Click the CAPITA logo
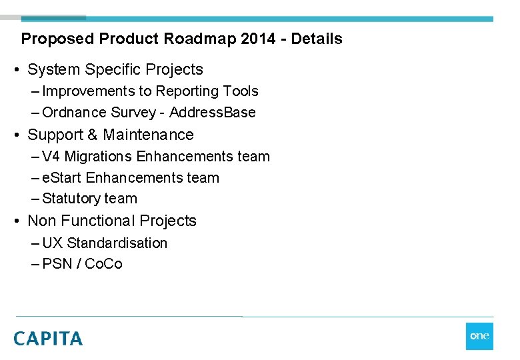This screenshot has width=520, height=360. click(x=48, y=338)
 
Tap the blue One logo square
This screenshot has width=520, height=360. click(x=479, y=336)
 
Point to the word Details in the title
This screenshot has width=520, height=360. click(x=317, y=39)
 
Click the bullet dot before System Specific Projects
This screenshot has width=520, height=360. click(x=18, y=70)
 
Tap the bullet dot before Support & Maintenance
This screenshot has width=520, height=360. click(x=18, y=135)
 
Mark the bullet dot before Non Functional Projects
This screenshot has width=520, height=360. click(x=18, y=221)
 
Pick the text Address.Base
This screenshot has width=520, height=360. click(x=213, y=113)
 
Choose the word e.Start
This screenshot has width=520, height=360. click(x=61, y=178)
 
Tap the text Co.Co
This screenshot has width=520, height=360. click(x=104, y=264)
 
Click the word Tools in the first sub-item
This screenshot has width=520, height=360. click(x=241, y=91)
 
